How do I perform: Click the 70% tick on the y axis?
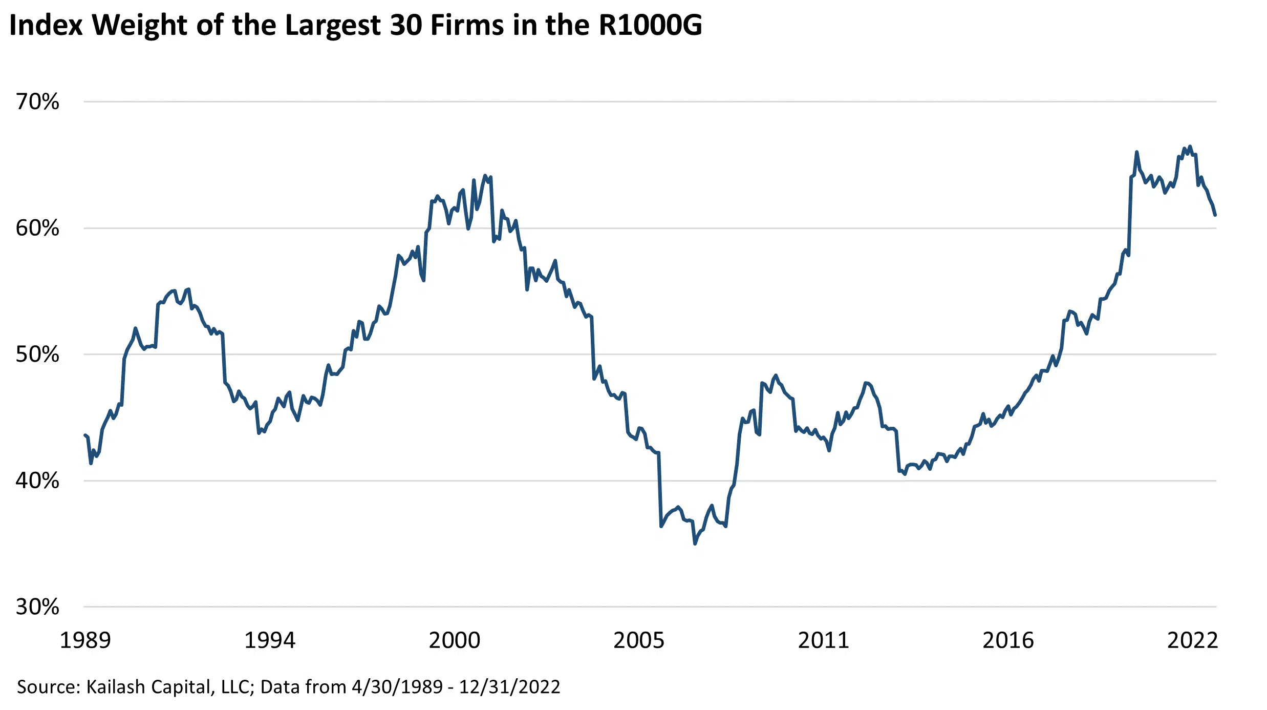[x=37, y=102]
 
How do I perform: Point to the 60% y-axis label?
[x=37, y=228]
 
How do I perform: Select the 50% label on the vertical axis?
[x=37, y=354]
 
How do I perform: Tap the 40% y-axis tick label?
[x=37, y=481]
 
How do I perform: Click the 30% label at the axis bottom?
[x=37, y=607]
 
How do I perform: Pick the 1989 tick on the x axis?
[x=85, y=640]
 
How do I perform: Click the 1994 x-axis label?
[x=270, y=640]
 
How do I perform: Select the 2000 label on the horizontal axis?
[x=455, y=640]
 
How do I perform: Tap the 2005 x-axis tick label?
[x=639, y=640]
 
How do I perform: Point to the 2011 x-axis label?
[x=823, y=640]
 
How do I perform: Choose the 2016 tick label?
[x=1008, y=640]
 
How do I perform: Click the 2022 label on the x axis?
[x=1192, y=640]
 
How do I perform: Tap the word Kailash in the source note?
[x=116, y=687]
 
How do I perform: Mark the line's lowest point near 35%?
[x=695, y=544]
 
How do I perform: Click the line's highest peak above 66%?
[x=1190, y=147]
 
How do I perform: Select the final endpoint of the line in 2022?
[x=1215, y=215]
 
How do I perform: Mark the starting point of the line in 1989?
[x=85, y=435]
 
